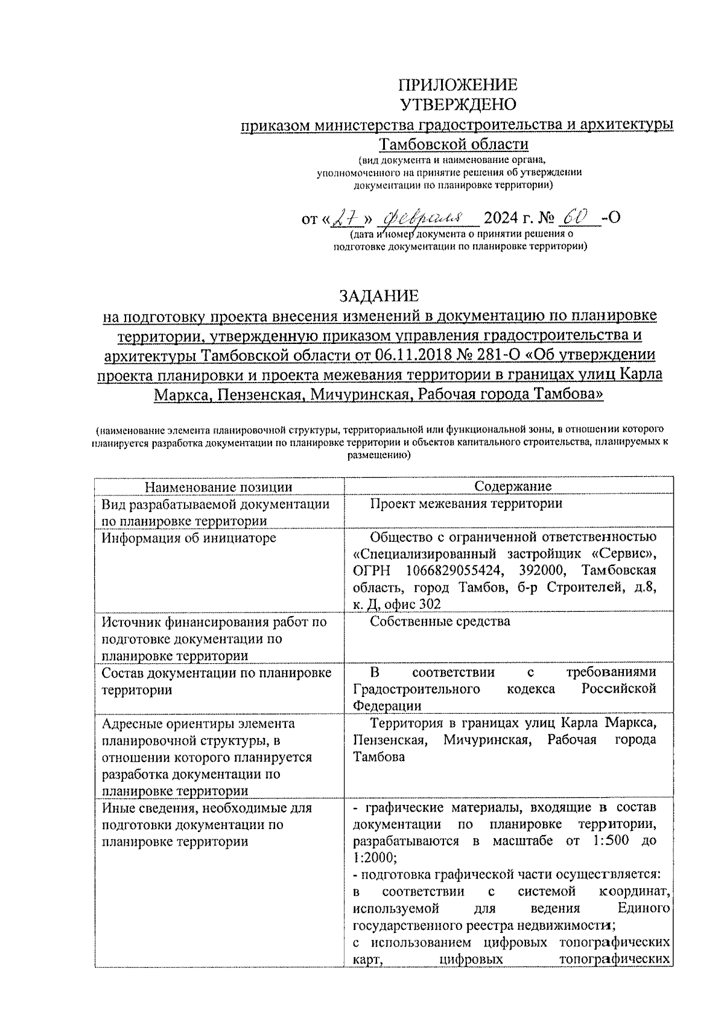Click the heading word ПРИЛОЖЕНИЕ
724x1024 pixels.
tap(459, 84)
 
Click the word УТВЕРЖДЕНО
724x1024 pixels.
tap(459, 104)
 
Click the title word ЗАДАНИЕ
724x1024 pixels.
tap(378, 296)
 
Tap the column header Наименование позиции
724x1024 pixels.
tap(220, 487)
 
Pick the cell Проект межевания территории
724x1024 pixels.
tap(466, 503)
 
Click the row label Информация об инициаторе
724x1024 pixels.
tap(189, 537)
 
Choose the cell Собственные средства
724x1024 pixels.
tap(440, 622)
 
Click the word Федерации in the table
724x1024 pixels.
tap(387, 706)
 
